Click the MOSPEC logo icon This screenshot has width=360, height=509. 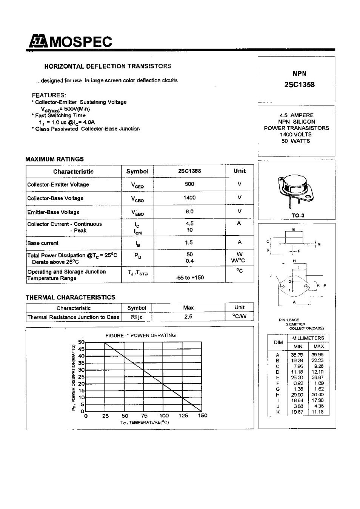36,41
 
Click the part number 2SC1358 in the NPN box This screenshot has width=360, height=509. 299,85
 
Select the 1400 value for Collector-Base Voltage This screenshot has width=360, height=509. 189,198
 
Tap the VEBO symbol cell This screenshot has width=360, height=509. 137,213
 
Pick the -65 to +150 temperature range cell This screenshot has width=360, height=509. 189,277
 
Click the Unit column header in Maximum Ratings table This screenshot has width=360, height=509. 239,171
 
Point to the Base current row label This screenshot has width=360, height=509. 43,243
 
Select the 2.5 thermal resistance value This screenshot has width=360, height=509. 188,317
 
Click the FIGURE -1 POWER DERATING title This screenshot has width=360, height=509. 140,335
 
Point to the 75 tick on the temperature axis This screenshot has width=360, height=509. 144,416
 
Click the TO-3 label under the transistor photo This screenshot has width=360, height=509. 297,216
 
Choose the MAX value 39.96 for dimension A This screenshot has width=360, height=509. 317,355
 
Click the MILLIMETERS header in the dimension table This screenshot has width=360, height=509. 308,338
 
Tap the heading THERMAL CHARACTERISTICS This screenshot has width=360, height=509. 71,297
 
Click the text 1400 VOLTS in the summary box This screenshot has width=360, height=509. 296,135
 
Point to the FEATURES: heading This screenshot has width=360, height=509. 49,95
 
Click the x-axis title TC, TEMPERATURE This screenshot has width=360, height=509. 144,422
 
